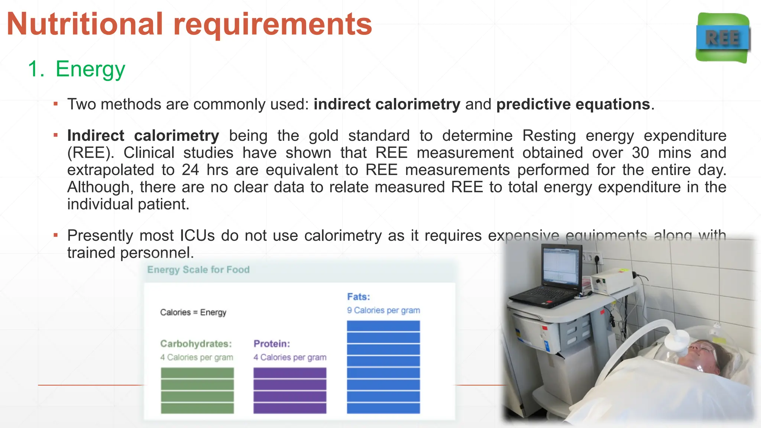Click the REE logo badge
723,38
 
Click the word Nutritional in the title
85,24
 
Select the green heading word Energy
90,69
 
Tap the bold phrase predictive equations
573,104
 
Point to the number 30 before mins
640,153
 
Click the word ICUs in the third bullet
197,236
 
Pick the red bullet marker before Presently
56,235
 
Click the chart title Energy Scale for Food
198,270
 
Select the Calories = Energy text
193,312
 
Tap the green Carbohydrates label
196,344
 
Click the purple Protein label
272,344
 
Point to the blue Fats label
359,297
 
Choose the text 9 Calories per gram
383,311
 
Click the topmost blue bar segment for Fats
383,326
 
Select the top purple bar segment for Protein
290,373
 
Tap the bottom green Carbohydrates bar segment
197,408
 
